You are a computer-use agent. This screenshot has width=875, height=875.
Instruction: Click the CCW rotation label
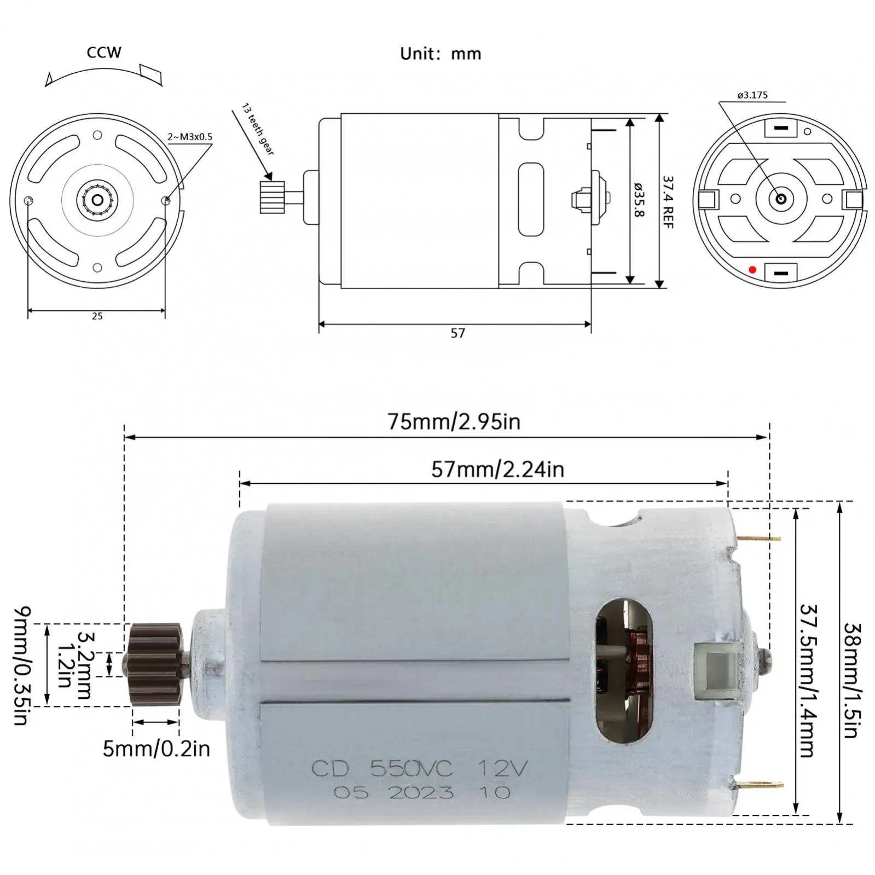104,53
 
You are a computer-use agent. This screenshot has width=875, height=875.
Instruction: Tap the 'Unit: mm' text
441,54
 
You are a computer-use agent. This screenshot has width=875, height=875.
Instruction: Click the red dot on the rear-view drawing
752,270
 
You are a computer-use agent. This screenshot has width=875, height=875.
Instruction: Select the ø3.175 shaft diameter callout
752,95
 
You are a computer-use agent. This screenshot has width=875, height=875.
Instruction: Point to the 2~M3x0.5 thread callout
190,137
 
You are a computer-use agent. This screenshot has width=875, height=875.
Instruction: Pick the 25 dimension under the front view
97,316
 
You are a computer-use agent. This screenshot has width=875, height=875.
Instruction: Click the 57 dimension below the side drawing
457,333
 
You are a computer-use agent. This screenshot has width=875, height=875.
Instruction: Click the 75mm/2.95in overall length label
454,422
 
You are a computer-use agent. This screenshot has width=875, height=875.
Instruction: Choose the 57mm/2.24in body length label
497,470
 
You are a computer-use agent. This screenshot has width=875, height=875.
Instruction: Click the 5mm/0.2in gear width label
157,749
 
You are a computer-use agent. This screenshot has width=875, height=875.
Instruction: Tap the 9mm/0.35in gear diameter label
21,665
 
